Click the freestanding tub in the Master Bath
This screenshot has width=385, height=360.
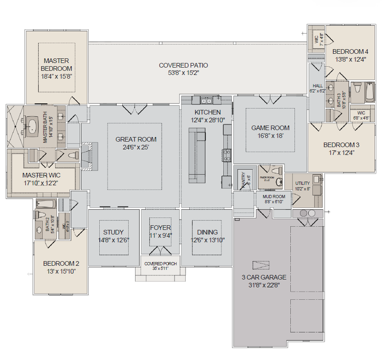(x=32, y=125)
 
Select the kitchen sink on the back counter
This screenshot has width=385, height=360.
(x=205, y=100)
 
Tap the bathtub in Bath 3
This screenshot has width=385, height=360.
(x=370, y=92)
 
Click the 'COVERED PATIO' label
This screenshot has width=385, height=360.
(x=183, y=65)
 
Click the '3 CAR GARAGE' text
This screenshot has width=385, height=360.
(x=264, y=277)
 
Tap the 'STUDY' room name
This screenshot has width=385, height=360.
(x=113, y=232)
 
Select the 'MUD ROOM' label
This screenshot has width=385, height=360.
(x=274, y=197)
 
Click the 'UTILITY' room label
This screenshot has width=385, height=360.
(x=302, y=183)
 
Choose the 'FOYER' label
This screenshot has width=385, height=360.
(x=160, y=228)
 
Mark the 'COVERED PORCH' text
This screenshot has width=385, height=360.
(x=160, y=264)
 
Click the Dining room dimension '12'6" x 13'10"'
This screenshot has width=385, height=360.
(x=207, y=240)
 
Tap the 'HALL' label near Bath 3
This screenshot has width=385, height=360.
(x=317, y=86)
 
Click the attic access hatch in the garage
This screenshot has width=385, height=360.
(x=260, y=265)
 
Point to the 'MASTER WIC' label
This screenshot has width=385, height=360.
(x=41, y=175)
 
